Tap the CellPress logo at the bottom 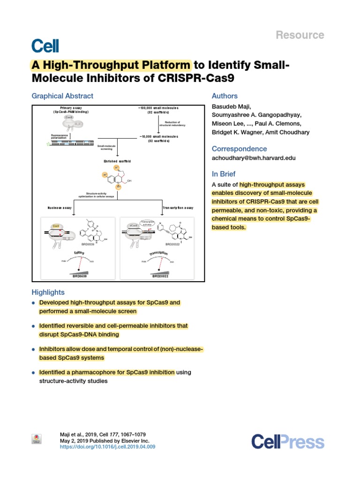(287, 442)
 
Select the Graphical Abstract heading (62, 96)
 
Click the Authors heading (225, 96)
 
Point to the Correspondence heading (240, 149)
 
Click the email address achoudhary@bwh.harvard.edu (254, 158)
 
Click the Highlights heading (48, 292)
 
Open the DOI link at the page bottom (108, 447)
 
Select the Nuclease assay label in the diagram (60, 207)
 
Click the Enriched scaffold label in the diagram (117, 161)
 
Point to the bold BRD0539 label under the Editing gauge (80, 277)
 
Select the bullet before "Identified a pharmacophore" (33, 373)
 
